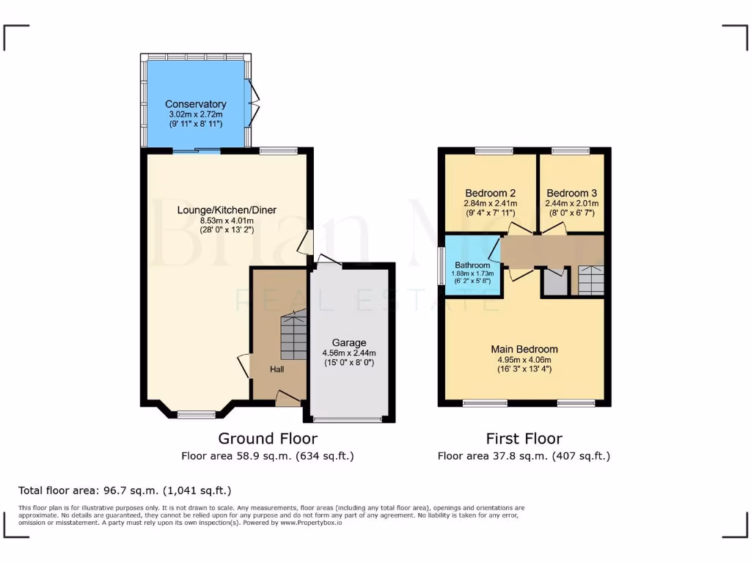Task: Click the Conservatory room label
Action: pyautogui.click(x=195, y=104)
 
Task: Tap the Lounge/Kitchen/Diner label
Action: pyautogui.click(x=227, y=210)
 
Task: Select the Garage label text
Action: pyautogui.click(x=349, y=342)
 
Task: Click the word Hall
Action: pyautogui.click(x=276, y=369)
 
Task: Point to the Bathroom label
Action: pyautogui.click(x=472, y=265)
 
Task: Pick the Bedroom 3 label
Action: pyautogui.click(x=572, y=194)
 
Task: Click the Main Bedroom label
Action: pyautogui.click(x=524, y=349)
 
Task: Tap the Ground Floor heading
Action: pyautogui.click(x=268, y=438)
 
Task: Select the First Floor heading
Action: pyautogui.click(x=524, y=438)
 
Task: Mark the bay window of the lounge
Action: pyautogui.click(x=197, y=414)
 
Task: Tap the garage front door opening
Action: pyautogui.click(x=348, y=419)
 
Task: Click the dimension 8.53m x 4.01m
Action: pyautogui.click(x=227, y=221)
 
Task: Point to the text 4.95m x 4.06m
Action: pyautogui.click(x=524, y=359)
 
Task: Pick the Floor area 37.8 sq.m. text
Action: pyautogui.click(x=524, y=456)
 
